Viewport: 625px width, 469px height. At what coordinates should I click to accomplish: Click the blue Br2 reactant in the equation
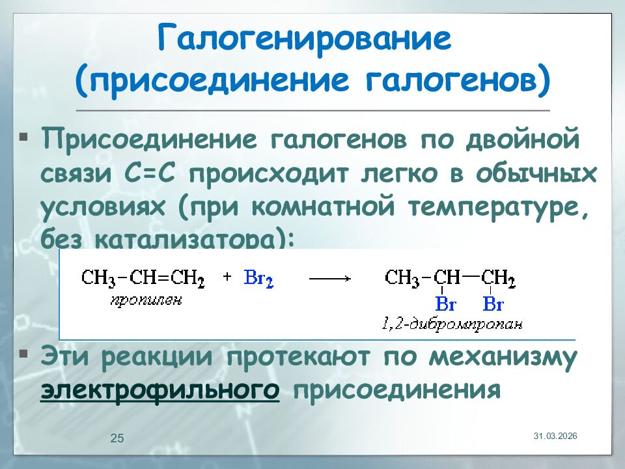tap(258, 278)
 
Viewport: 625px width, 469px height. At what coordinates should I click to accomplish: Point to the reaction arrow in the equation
tap(329, 278)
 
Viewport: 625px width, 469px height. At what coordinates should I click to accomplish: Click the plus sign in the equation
tap(227, 277)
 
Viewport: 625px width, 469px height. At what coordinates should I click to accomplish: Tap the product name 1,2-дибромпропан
tap(452, 324)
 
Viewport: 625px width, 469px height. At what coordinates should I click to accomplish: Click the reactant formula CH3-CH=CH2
tap(143, 279)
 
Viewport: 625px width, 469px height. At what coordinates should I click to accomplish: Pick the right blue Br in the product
tap(493, 304)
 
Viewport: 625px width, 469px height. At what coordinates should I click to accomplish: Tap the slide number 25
tap(117, 438)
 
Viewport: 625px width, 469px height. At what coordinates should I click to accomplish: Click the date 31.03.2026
tap(555, 434)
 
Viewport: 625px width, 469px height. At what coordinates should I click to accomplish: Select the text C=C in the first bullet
tap(154, 175)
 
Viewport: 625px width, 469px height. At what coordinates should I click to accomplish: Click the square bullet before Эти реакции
tap(24, 354)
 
